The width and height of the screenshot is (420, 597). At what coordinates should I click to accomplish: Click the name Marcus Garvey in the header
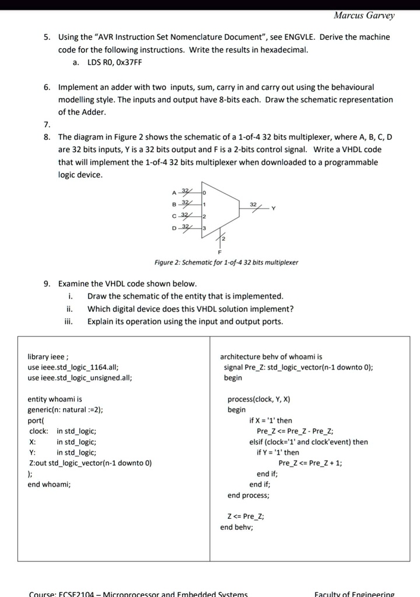pyautogui.click(x=364, y=15)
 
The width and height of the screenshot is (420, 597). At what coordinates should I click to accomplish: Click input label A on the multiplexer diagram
pyautogui.click(x=174, y=193)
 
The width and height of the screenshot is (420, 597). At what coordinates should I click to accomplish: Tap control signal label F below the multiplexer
pyautogui.click(x=220, y=252)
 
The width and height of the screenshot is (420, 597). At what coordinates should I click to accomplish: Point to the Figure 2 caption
pyautogui.click(x=226, y=263)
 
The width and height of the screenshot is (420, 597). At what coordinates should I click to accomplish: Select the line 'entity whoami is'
pyautogui.click(x=55, y=399)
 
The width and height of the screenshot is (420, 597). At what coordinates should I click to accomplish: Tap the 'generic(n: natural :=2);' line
pyautogui.click(x=65, y=410)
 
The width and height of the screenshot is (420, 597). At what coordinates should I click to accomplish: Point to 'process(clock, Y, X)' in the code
pyautogui.click(x=258, y=399)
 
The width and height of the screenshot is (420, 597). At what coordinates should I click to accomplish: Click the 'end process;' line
pyautogui.click(x=249, y=495)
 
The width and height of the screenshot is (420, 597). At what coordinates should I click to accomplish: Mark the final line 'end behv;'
pyautogui.click(x=236, y=527)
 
